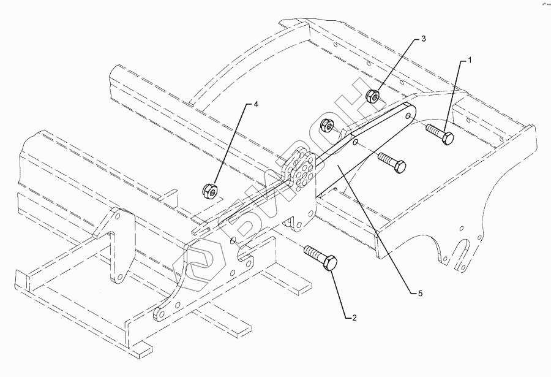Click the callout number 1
pyautogui.click(x=470, y=60)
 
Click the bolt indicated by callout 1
pyautogui.click(x=440, y=133)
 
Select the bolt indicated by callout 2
pyautogui.click(x=320, y=258)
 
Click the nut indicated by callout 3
pyautogui.click(x=373, y=96)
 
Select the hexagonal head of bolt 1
pyautogui.click(x=448, y=137)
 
